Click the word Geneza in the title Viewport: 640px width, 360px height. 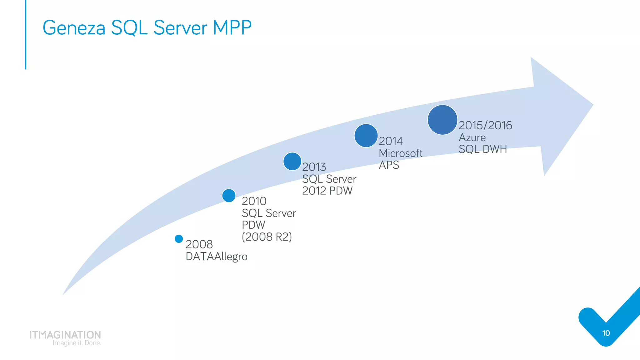(x=74, y=28)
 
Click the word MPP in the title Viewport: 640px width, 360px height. (x=232, y=27)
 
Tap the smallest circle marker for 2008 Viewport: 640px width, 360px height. (x=179, y=239)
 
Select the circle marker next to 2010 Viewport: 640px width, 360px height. (x=229, y=196)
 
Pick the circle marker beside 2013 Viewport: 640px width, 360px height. (x=292, y=161)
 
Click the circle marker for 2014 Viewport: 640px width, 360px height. (x=366, y=136)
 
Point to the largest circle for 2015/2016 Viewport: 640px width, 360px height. (x=442, y=120)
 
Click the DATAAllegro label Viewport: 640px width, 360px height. (x=216, y=257)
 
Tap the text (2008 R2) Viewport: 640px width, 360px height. (x=267, y=237)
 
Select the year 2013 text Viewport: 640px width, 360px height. (x=314, y=167)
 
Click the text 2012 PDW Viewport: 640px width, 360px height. (x=327, y=191)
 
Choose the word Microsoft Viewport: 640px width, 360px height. (x=400, y=153)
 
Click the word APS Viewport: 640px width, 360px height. (x=389, y=165)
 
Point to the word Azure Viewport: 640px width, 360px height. (x=472, y=137)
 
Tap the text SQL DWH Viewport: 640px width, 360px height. (x=482, y=149)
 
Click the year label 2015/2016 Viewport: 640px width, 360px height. (x=485, y=125)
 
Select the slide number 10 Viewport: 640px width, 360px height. (x=606, y=333)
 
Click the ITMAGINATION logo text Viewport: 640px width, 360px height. (x=65, y=335)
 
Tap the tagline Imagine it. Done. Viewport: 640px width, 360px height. (x=77, y=343)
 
